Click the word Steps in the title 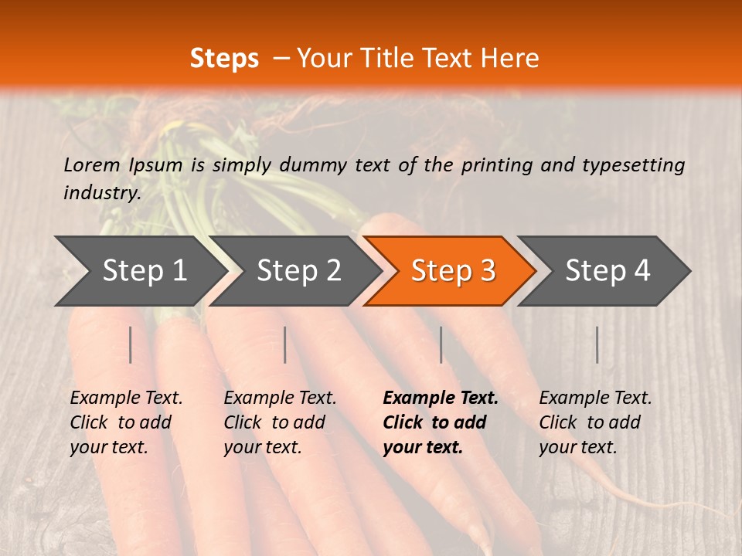tap(224, 59)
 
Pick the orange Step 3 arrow tap(453, 271)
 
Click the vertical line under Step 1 tap(131, 344)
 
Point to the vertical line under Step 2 tap(285, 344)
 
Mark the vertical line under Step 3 tap(441, 344)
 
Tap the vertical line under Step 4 tap(597, 344)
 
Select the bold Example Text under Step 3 tap(441, 422)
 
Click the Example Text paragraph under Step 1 tap(126, 422)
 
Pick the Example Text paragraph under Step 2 tap(280, 422)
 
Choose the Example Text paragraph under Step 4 tap(595, 422)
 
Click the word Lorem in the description tap(91, 164)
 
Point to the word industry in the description tap(102, 192)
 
